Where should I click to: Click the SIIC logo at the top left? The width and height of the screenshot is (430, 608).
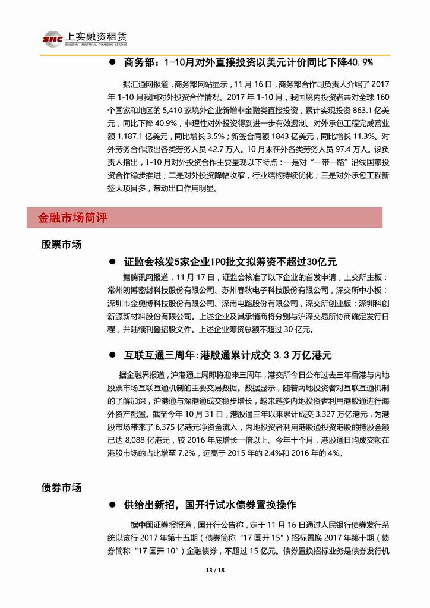(53, 39)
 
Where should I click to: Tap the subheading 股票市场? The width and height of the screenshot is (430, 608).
(61, 244)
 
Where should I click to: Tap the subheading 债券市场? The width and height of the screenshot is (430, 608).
(61, 487)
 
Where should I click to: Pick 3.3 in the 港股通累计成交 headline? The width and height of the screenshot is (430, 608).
(284, 355)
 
